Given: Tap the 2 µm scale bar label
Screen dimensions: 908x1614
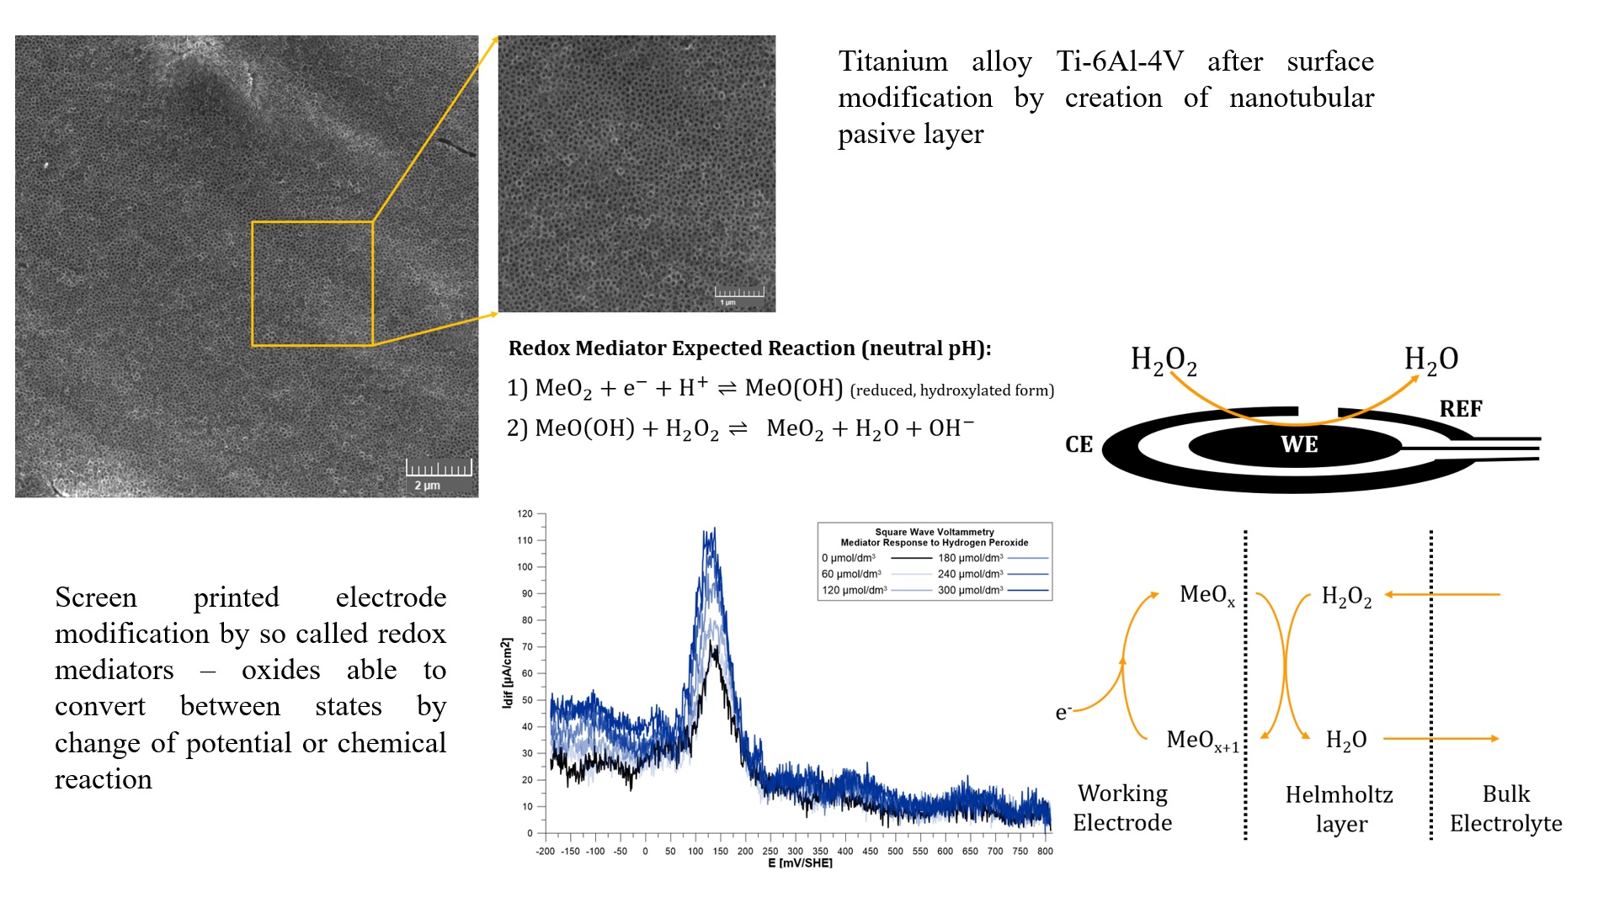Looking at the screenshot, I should tap(428, 486).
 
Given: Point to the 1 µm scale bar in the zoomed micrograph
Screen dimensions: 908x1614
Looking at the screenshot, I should tap(738, 294).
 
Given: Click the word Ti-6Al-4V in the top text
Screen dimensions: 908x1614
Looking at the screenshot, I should tap(1119, 61).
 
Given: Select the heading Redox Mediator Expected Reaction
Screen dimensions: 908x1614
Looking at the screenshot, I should tap(749, 348).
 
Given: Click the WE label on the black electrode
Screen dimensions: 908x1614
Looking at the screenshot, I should tap(1298, 444).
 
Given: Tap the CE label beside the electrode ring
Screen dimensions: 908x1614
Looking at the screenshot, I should tap(1079, 444).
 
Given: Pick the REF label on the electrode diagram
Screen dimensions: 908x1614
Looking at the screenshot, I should tap(1460, 409).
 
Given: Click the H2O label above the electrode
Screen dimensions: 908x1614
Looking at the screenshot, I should tap(1430, 359).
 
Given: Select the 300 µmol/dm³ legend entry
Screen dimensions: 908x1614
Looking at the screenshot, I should tap(971, 590).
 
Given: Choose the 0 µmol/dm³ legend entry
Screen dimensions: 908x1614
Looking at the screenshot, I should tap(849, 558).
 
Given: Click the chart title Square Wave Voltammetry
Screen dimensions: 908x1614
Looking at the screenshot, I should tap(935, 532).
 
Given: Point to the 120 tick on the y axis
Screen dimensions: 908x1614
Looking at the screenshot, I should tap(525, 513).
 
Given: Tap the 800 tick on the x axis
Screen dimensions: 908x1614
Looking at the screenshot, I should tap(1045, 851).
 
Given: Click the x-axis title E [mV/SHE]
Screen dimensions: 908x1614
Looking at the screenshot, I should tap(799, 863).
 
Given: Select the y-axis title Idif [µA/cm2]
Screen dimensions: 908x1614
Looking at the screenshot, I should tap(507, 672).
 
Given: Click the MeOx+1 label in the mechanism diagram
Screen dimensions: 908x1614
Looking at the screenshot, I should tap(1202, 741).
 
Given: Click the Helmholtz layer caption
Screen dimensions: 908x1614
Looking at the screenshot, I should tap(1339, 809).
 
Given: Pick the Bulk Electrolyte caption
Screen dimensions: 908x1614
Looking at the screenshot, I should tap(1505, 808).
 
